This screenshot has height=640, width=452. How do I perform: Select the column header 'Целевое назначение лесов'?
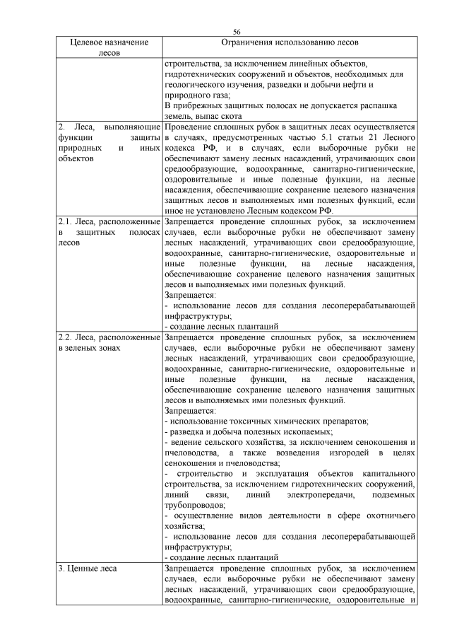click(x=109, y=47)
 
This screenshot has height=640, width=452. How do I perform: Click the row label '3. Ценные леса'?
click(x=88, y=568)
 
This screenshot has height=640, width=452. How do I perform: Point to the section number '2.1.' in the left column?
click(x=66, y=221)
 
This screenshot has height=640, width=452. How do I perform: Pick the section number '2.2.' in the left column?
click(x=66, y=337)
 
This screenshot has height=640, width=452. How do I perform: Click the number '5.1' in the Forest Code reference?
click(x=331, y=136)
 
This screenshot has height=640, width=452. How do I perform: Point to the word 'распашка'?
click(x=386, y=105)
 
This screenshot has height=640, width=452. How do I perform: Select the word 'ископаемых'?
click(x=303, y=432)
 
